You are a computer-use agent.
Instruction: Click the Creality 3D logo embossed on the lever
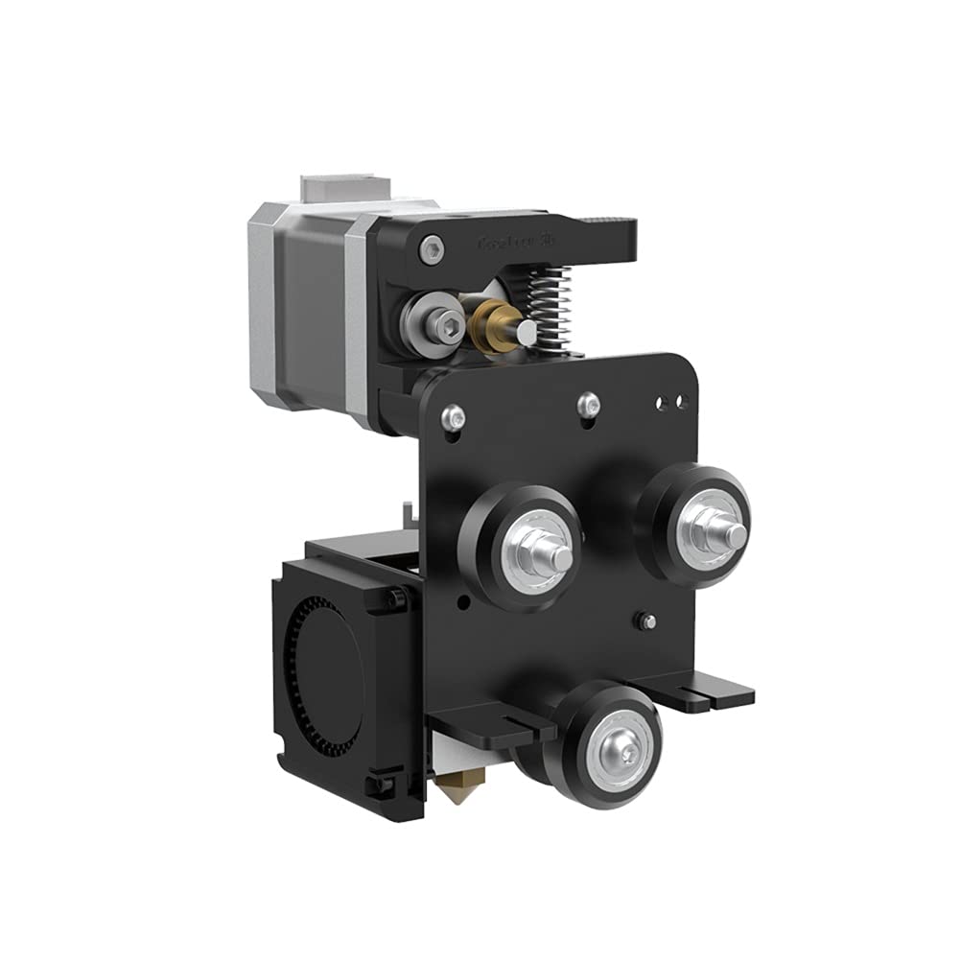click(x=518, y=243)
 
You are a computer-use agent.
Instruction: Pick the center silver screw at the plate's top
click(x=590, y=404)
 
